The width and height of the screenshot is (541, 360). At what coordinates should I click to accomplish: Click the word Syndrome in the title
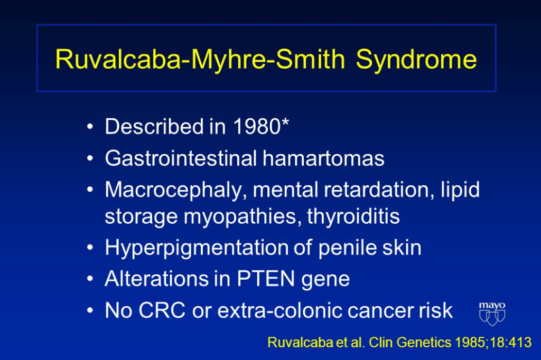click(416, 59)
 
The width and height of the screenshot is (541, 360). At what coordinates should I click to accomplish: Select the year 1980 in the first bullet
click(257, 126)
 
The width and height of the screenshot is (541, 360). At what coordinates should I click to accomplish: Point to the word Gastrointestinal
click(181, 158)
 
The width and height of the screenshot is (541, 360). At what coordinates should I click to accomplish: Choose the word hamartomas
click(324, 158)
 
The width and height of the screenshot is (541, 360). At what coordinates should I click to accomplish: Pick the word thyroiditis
click(353, 216)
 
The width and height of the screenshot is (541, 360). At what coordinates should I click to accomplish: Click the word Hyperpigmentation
click(197, 248)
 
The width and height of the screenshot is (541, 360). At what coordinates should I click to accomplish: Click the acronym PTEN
click(266, 279)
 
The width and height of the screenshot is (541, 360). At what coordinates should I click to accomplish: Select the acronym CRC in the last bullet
click(162, 310)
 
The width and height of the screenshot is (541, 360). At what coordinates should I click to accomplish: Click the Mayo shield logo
click(492, 314)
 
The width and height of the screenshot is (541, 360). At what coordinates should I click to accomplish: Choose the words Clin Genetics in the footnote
click(410, 343)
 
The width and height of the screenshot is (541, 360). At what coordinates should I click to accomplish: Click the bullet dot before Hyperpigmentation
click(90, 248)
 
